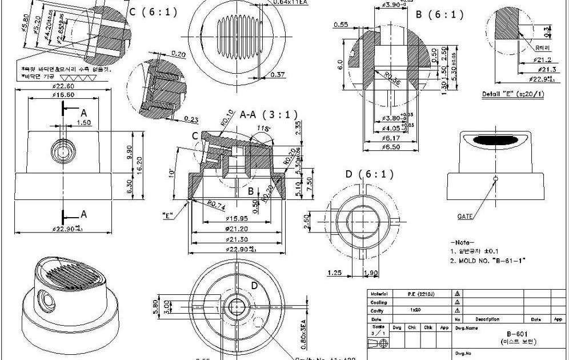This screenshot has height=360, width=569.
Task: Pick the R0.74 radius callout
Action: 218,203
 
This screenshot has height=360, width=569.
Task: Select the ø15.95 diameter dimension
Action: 237,218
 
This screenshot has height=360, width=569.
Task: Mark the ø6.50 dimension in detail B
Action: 393,147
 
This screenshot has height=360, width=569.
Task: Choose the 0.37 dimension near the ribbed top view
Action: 278,74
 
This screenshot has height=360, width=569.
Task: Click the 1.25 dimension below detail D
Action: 336,273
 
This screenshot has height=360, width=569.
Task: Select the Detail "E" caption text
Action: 512,94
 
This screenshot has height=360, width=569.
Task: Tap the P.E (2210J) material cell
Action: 419,294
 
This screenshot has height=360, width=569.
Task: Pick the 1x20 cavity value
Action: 416,310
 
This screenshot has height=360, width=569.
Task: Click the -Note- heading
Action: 463,242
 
